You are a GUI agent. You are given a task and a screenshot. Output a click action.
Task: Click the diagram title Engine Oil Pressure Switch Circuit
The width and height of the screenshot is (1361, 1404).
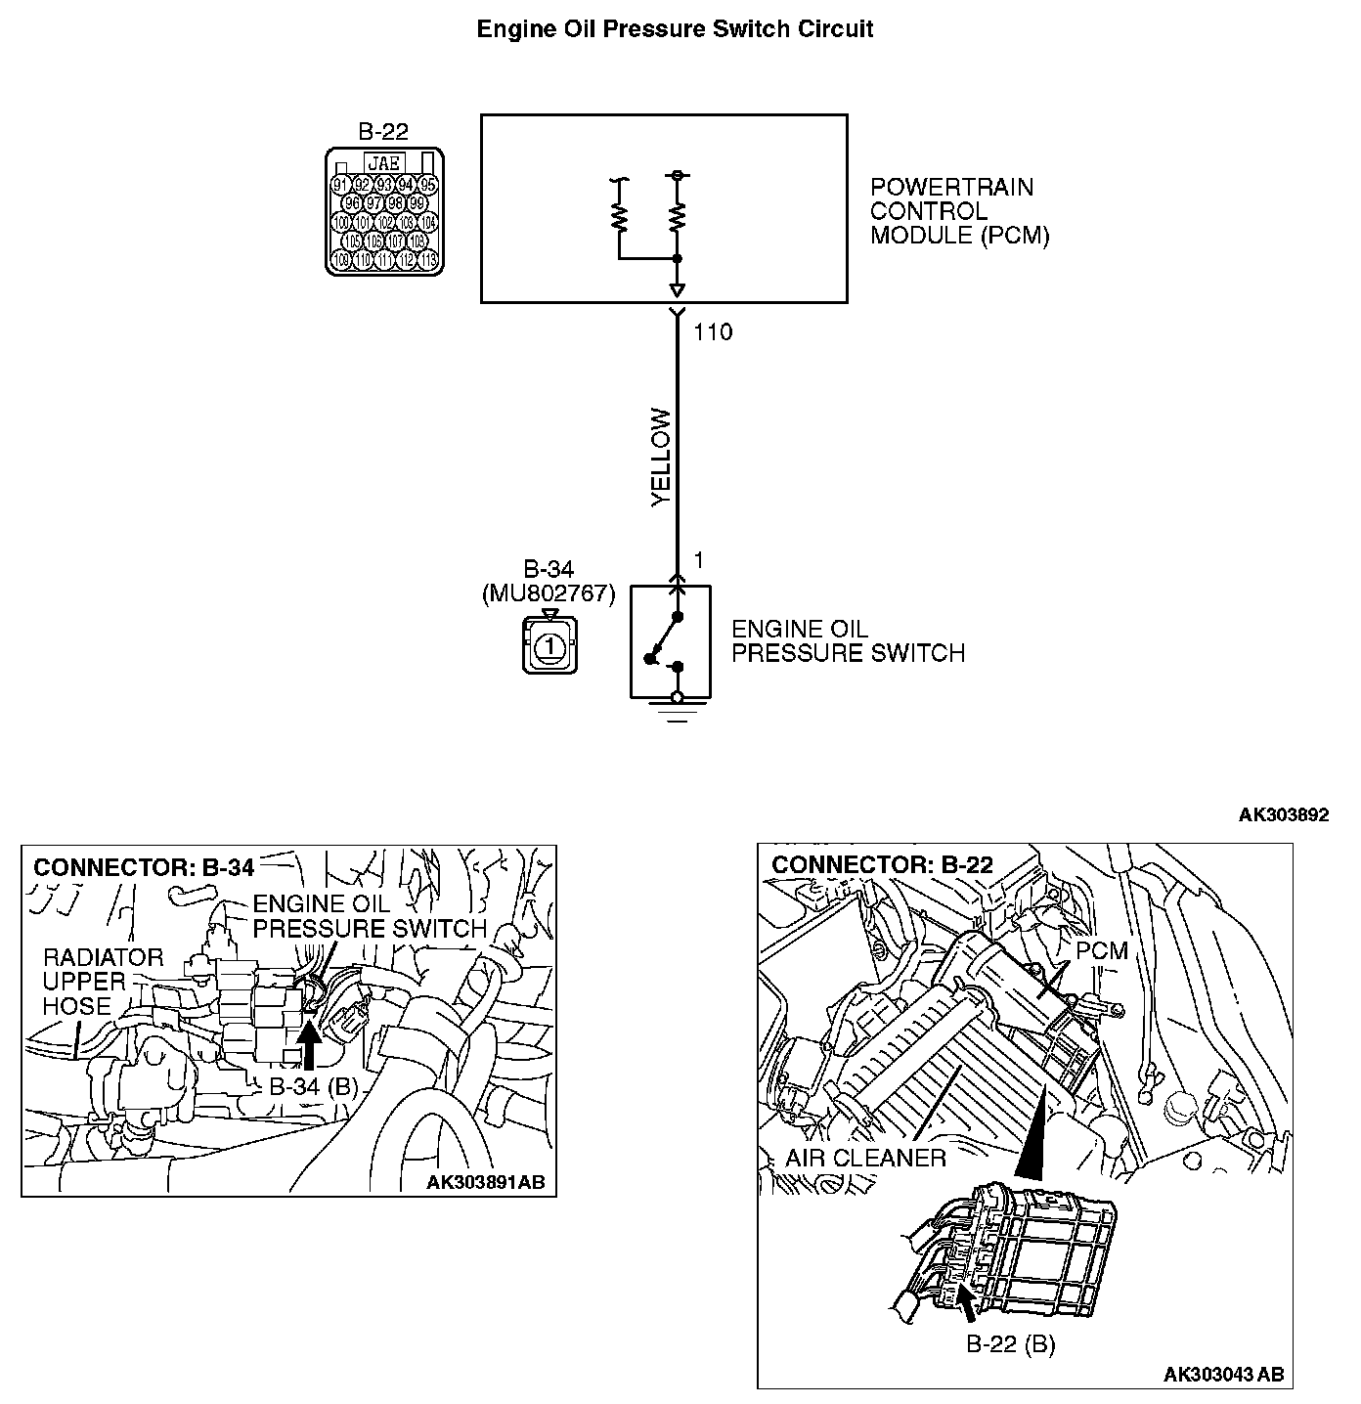[675, 29]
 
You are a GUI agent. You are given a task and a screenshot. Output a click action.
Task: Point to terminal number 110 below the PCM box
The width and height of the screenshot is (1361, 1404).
[713, 332]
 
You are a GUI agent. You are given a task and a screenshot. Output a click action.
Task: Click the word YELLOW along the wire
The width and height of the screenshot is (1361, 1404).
[662, 458]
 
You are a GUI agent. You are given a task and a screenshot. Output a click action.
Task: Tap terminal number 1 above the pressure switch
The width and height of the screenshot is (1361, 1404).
[699, 560]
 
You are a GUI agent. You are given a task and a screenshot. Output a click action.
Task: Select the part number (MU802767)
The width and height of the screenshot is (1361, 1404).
[549, 593]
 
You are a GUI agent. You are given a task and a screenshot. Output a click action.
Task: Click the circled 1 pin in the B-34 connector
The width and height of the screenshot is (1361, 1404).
[549, 646]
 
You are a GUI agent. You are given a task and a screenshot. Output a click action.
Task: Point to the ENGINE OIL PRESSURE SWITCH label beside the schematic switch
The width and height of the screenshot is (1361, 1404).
[848, 641]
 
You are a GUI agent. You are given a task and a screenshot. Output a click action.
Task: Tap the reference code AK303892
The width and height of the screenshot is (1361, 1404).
[1284, 815]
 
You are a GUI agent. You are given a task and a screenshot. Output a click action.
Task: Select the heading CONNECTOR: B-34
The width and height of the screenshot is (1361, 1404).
[144, 867]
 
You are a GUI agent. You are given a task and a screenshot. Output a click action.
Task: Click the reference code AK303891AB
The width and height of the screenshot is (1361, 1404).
[485, 1183]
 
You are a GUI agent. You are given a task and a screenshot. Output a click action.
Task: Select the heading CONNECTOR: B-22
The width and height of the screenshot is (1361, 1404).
[882, 864]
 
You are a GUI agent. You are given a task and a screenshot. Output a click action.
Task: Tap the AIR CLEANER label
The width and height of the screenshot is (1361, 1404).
[865, 1159]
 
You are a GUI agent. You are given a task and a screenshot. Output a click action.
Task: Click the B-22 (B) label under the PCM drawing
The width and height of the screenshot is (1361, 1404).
[1010, 1344]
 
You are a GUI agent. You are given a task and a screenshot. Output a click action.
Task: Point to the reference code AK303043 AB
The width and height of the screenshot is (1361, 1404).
[1223, 1375]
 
